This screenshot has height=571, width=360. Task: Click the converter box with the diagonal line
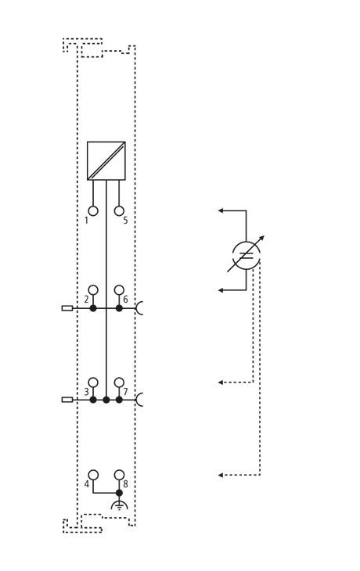click(106, 160)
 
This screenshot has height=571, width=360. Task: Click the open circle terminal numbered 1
click(93, 211)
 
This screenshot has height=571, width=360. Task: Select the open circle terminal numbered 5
click(119, 211)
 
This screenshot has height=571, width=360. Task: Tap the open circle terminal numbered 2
click(93, 290)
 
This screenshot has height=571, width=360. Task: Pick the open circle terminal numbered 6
click(119, 290)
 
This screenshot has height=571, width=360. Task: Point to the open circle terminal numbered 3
click(93, 382)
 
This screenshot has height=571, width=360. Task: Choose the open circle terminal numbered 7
click(119, 382)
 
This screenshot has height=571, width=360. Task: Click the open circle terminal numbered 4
click(93, 475)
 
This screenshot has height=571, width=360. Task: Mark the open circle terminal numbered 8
click(119, 475)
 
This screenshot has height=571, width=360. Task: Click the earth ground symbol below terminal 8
click(119, 505)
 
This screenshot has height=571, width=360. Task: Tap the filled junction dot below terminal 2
click(93, 308)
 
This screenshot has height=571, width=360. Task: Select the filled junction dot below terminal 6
click(119, 308)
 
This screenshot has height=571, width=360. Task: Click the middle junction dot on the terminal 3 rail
click(106, 400)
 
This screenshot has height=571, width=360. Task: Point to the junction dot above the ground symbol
click(119, 493)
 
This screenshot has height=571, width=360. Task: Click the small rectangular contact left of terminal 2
click(67, 308)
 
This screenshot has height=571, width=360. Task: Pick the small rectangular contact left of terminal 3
click(67, 400)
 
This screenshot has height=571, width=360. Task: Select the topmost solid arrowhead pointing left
click(221, 210)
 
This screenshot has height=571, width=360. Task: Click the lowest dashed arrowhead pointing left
click(221, 475)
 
